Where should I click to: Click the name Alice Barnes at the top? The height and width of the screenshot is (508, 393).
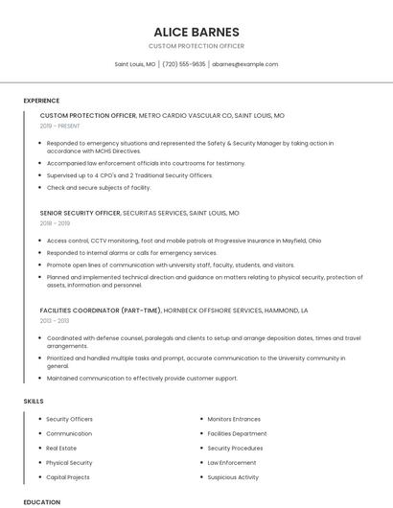[x=196, y=32]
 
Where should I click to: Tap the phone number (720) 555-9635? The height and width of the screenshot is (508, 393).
[x=183, y=64]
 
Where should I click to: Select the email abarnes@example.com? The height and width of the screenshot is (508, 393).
[x=245, y=64]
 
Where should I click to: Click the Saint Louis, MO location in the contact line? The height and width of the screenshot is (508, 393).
[x=135, y=64]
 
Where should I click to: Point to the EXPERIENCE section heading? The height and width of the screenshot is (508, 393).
[x=41, y=100]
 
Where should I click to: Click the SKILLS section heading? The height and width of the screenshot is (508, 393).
[x=34, y=401]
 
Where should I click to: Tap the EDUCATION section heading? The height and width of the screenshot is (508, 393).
[x=41, y=501]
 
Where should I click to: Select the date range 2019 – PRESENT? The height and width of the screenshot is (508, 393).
[x=60, y=126]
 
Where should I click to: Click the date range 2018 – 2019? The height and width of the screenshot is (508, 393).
[x=55, y=223]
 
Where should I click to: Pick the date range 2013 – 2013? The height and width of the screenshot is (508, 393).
[x=54, y=321]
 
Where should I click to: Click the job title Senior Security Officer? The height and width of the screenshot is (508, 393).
[x=81, y=213]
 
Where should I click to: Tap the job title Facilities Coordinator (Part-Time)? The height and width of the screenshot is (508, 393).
[x=100, y=311]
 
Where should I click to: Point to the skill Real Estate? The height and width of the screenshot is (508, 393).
[x=61, y=448]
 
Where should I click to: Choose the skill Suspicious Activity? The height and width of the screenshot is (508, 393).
[x=233, y=476]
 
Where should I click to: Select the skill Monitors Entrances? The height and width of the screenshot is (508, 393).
[x=234, y=419]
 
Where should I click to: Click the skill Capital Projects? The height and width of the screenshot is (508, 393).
[x=68, y=476]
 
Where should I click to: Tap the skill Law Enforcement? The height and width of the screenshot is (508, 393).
[x=232, y=462]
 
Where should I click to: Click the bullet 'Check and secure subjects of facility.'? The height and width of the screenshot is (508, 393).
[x=99, y=187]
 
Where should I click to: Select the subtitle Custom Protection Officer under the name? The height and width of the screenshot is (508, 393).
[x=196, y=46]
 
